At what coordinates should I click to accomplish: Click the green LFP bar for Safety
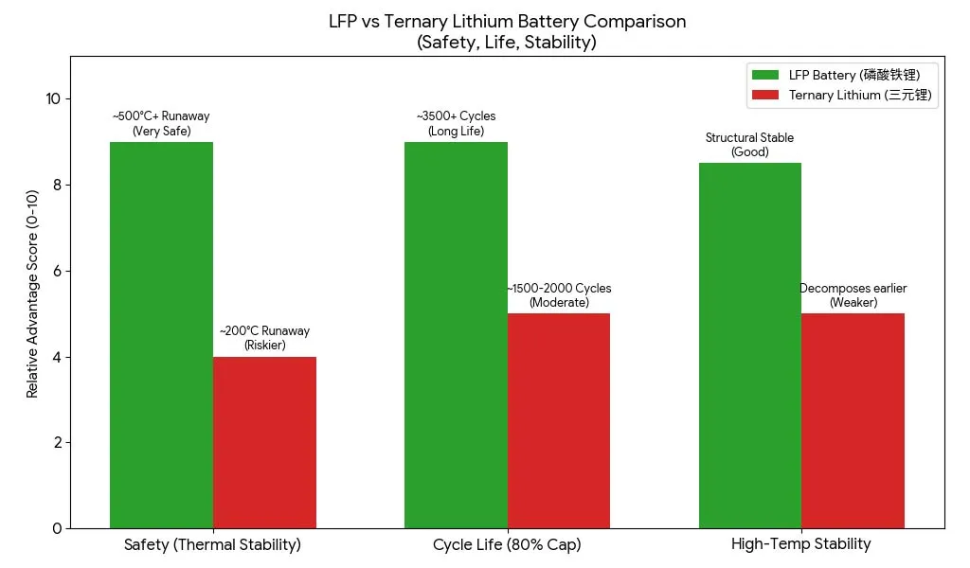[161, 335]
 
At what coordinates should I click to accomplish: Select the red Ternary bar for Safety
[264, 442]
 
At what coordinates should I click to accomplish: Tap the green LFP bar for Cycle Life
[456, 335]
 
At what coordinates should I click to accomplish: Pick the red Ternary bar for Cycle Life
[559, 420]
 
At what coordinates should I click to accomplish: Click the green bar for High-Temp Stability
[750, 346]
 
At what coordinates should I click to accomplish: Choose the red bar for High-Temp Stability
[853, 420]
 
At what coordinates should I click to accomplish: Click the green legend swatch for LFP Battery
[764, 75]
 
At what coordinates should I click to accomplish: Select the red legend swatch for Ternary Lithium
[764, 95]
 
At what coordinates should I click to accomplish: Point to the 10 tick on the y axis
[53, 99]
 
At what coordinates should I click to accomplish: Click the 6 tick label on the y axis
[57, 271]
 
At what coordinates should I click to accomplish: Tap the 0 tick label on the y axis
[57, 528]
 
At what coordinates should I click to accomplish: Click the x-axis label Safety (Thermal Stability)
[212, 545]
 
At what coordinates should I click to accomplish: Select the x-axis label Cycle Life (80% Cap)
[507, 545]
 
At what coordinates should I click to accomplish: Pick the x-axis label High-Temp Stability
[800, 544]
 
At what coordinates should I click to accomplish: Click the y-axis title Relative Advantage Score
[32, 293]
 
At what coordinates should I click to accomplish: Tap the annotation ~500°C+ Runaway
[161, 116]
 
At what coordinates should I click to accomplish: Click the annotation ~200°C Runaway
[264, 331]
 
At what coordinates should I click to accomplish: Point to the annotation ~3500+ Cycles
[456, 116]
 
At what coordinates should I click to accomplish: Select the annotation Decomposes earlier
[853, 289]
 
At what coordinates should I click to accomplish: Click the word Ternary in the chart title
[406, 21]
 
